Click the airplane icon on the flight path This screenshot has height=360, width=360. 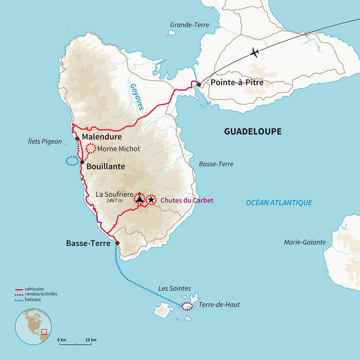(255, 52)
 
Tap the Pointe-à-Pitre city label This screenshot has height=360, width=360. (237, 83)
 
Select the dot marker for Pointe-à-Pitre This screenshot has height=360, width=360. (199, 84)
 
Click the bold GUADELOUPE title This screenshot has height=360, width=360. (252, 132)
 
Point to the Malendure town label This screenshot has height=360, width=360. (102, 137)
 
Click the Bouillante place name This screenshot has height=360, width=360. (106, 166)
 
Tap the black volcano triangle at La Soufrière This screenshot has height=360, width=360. (139, 199)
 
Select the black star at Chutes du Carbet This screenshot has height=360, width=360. (151, 200)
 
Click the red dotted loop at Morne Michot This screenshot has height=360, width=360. (90, 148)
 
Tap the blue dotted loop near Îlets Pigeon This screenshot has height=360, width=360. (72, 161)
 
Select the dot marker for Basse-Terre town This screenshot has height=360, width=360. (117, 243)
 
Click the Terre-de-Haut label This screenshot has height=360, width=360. (219, 305)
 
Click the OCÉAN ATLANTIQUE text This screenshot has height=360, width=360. (279, 202)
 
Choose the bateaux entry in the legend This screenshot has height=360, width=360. (33, 299)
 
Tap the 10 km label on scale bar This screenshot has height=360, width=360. (91, 340)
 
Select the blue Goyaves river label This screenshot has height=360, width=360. (137, 97)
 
